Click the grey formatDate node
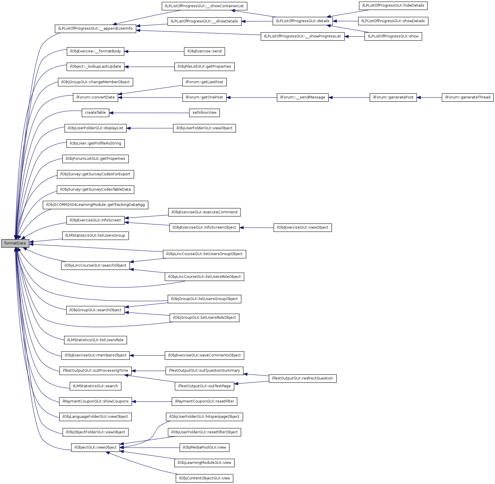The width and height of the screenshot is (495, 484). point(15,243)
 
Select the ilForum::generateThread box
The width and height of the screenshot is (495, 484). point(468,97)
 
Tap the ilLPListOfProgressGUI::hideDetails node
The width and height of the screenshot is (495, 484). point(393,5)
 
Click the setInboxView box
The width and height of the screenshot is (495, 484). point(204,113)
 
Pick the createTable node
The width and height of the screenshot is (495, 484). point(95,113)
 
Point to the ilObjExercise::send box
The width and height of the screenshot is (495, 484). point(204,51)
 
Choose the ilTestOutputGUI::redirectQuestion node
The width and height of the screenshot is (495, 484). point(302,378)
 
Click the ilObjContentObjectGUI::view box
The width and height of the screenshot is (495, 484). point(204,478)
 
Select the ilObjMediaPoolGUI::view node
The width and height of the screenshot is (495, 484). point(204,447)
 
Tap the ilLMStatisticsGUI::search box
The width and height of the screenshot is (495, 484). point(95,386)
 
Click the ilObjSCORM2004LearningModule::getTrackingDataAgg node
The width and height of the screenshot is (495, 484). point(95,205)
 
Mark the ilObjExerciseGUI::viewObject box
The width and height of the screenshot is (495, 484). point(302,227)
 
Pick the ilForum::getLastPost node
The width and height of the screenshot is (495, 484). point(204,82)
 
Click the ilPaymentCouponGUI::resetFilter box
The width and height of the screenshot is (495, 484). point(204,401)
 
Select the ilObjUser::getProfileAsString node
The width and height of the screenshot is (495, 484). point(95,143)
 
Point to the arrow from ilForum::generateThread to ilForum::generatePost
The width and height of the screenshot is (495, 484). point(429,98)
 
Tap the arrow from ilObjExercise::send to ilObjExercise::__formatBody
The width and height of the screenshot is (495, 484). point(154,52)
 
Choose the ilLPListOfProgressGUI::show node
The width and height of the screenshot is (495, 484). point(393,36)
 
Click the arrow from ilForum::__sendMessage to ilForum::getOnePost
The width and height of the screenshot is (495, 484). point(252,98)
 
